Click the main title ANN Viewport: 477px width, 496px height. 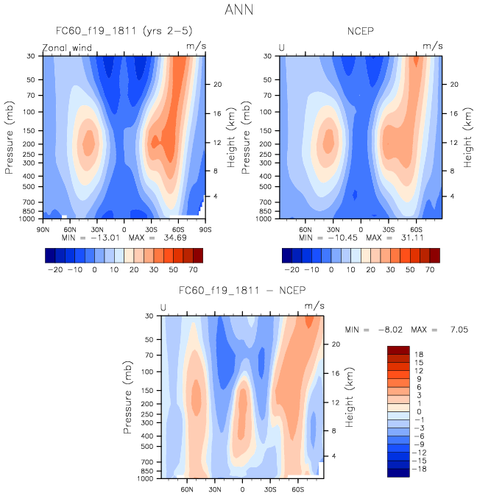click(x=239, y=10)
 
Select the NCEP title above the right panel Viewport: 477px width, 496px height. click(x=361, y=31)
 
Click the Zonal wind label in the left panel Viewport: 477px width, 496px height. click(x=71, y=47)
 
